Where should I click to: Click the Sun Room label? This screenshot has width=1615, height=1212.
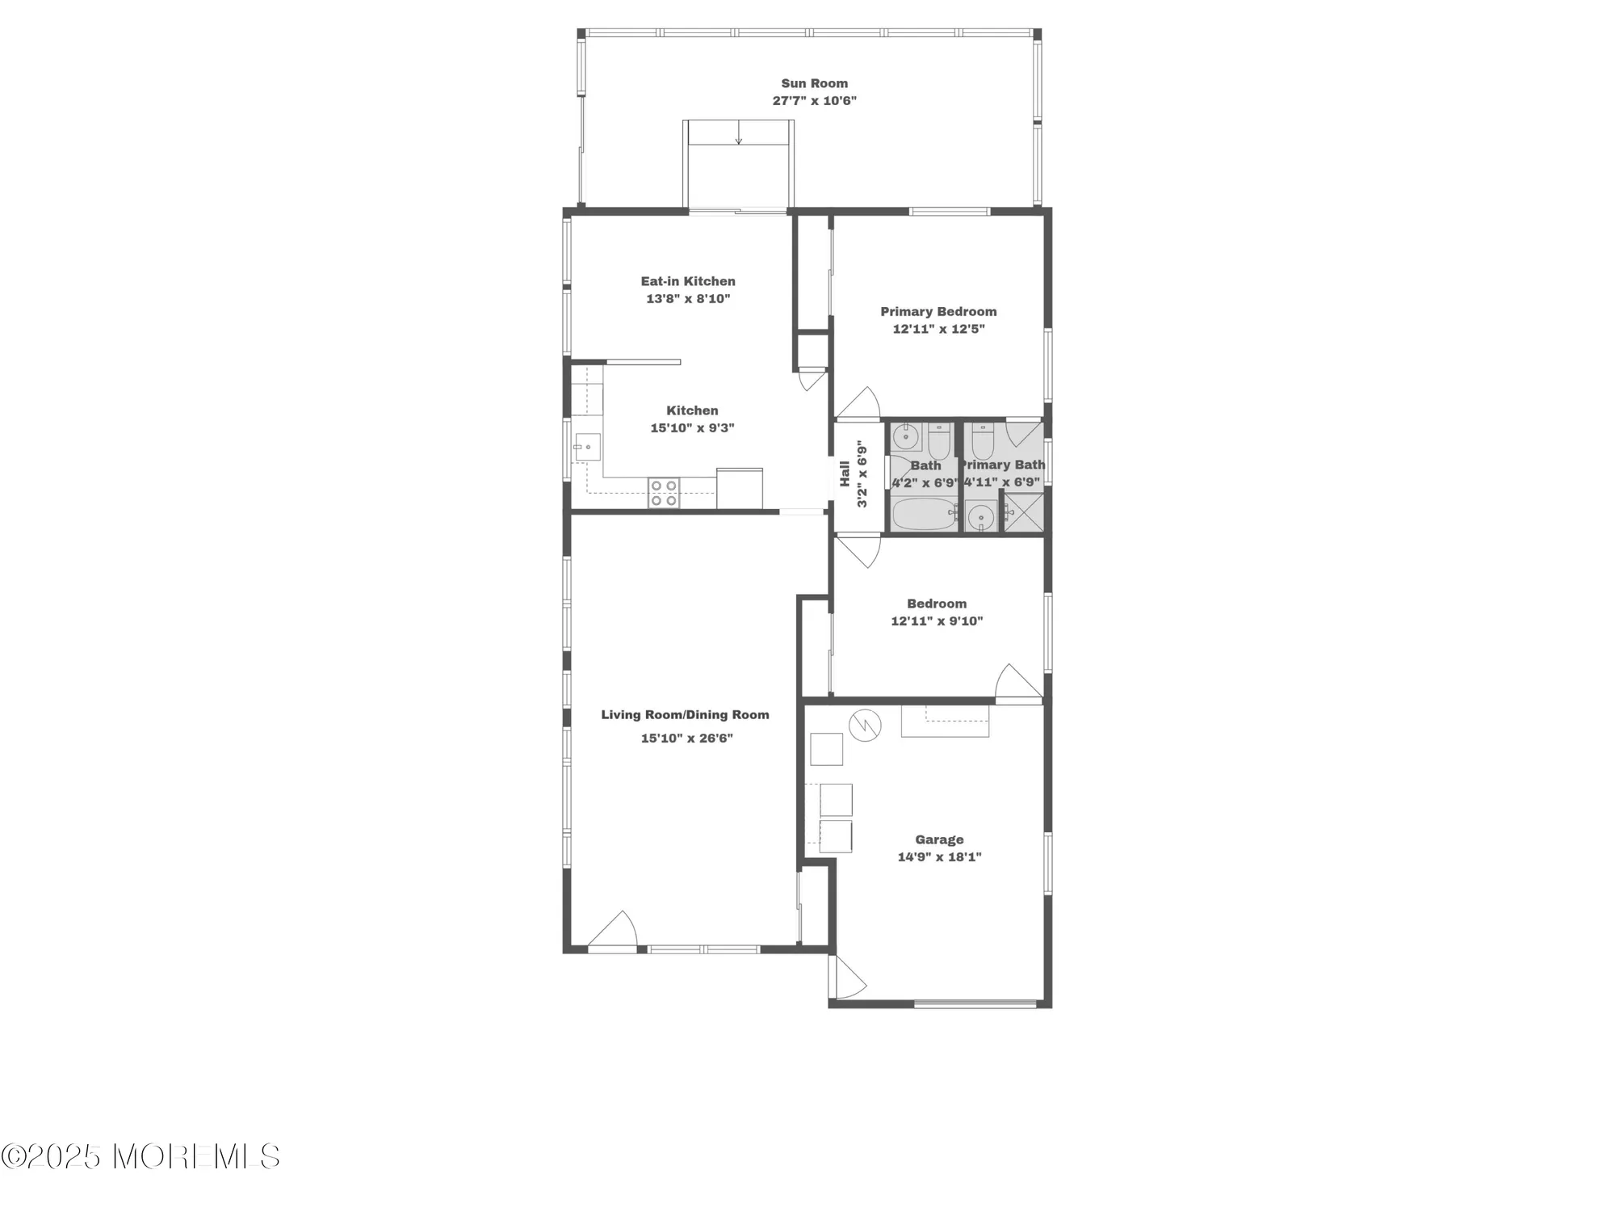coord(814,83)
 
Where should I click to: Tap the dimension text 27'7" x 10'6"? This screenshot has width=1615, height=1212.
coord(814,101)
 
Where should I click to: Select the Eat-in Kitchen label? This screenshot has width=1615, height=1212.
coord(688,281)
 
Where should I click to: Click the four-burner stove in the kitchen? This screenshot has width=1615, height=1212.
coord(664,493)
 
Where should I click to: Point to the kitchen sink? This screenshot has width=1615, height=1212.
coord(587,447)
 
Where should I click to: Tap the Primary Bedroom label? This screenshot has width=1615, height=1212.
coord(938,312)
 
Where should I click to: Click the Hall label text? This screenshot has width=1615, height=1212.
coord(845,473)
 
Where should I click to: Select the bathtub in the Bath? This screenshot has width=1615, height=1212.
coord(925,515)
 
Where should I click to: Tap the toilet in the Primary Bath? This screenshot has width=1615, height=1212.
coord(982,442)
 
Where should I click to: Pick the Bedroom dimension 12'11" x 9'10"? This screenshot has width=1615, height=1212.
coord(937,621)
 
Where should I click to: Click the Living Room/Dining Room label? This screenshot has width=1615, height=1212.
coord(685,715)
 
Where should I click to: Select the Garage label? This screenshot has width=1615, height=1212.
coord(939,840)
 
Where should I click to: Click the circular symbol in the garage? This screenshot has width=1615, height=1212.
coord(865,725)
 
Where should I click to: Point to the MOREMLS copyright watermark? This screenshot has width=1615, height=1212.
coord(141,1157)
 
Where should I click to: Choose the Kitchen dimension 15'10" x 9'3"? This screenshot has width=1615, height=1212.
coord(692,428)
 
